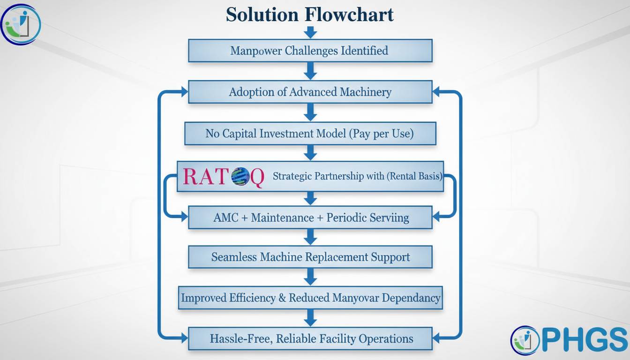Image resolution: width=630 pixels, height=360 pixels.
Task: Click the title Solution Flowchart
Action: tap(310, 14)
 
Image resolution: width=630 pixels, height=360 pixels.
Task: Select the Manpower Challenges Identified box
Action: tap(310, 51)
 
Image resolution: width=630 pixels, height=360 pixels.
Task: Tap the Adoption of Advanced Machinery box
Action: tap(310, 92)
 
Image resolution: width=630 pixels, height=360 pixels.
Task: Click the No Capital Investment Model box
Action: tap(310, 134)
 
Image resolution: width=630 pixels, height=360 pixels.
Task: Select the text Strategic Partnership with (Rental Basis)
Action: tap(357, 176)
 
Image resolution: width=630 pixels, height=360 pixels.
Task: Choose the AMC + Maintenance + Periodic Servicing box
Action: tap(310, 218)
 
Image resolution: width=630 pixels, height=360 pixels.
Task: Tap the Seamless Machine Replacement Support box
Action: tap(310, 257)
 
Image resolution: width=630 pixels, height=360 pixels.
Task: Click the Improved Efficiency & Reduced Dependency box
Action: tap(310, 298)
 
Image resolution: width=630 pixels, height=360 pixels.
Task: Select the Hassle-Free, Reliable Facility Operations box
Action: tap(310, 338)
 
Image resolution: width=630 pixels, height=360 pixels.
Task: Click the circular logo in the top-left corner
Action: tap(21, 23)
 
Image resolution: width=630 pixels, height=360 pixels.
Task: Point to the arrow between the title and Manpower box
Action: tap(310, 32)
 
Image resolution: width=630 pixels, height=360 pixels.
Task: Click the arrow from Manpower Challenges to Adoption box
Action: tap(310, 71)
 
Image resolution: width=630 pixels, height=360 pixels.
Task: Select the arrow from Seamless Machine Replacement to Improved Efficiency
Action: tap(310, 277)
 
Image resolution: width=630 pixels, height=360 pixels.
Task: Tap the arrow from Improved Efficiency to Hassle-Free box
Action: tap(310, 318)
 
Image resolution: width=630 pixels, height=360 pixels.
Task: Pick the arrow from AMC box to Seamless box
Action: tap(310, 237)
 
